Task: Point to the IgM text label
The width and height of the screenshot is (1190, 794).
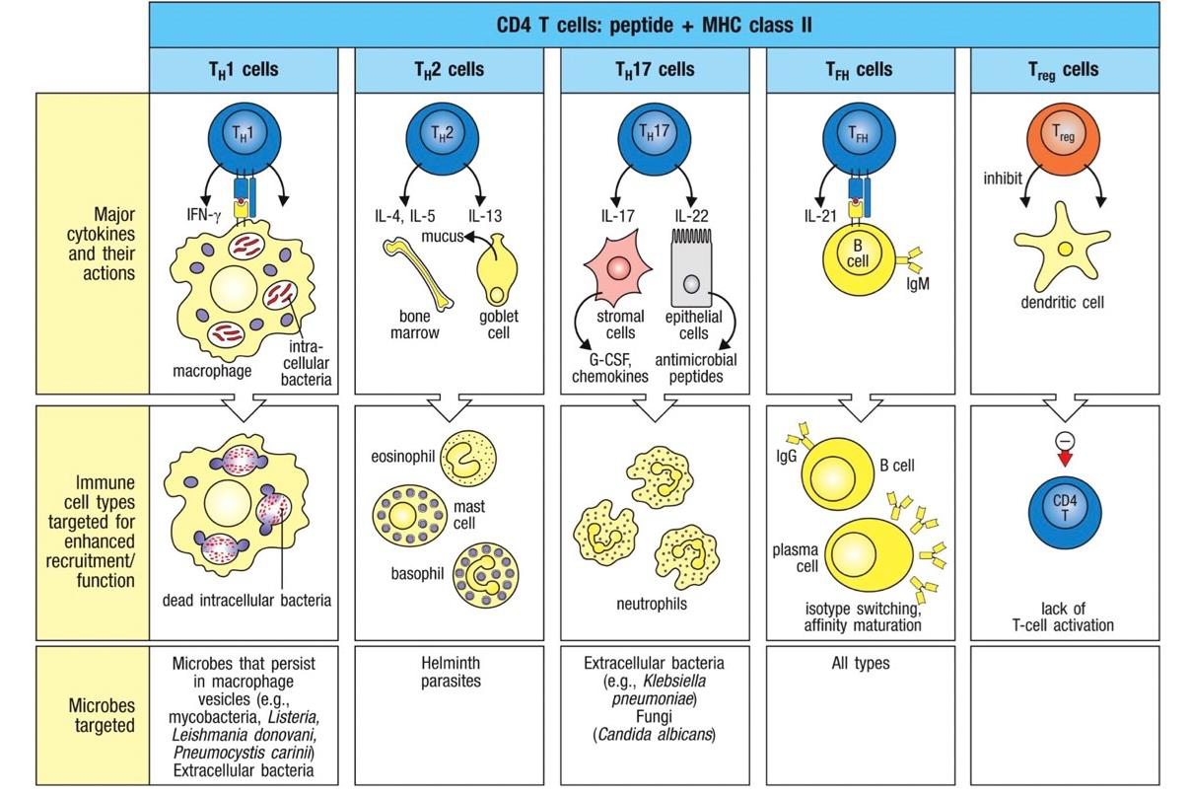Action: coord(917,283)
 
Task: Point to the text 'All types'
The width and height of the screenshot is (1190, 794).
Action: coord(861,664)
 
